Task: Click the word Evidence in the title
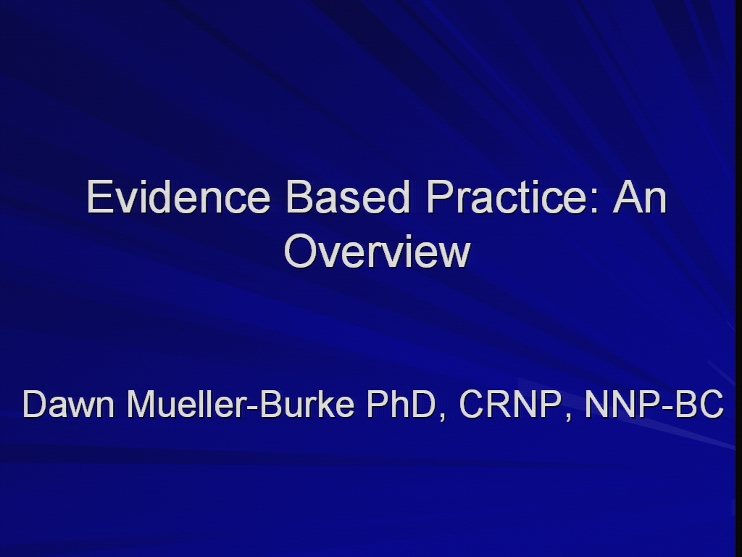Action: click(x=178, y=197)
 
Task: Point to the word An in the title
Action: click(x=640, y=197)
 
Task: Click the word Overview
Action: click(x=377, y=252)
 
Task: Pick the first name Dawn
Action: click(x=69, y=404)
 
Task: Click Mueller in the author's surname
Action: click(x=186, y=404)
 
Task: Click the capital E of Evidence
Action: click(x=99, y=197)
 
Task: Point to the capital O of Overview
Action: click(x=300, y=252)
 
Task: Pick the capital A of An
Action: click(x=627, y=197)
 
